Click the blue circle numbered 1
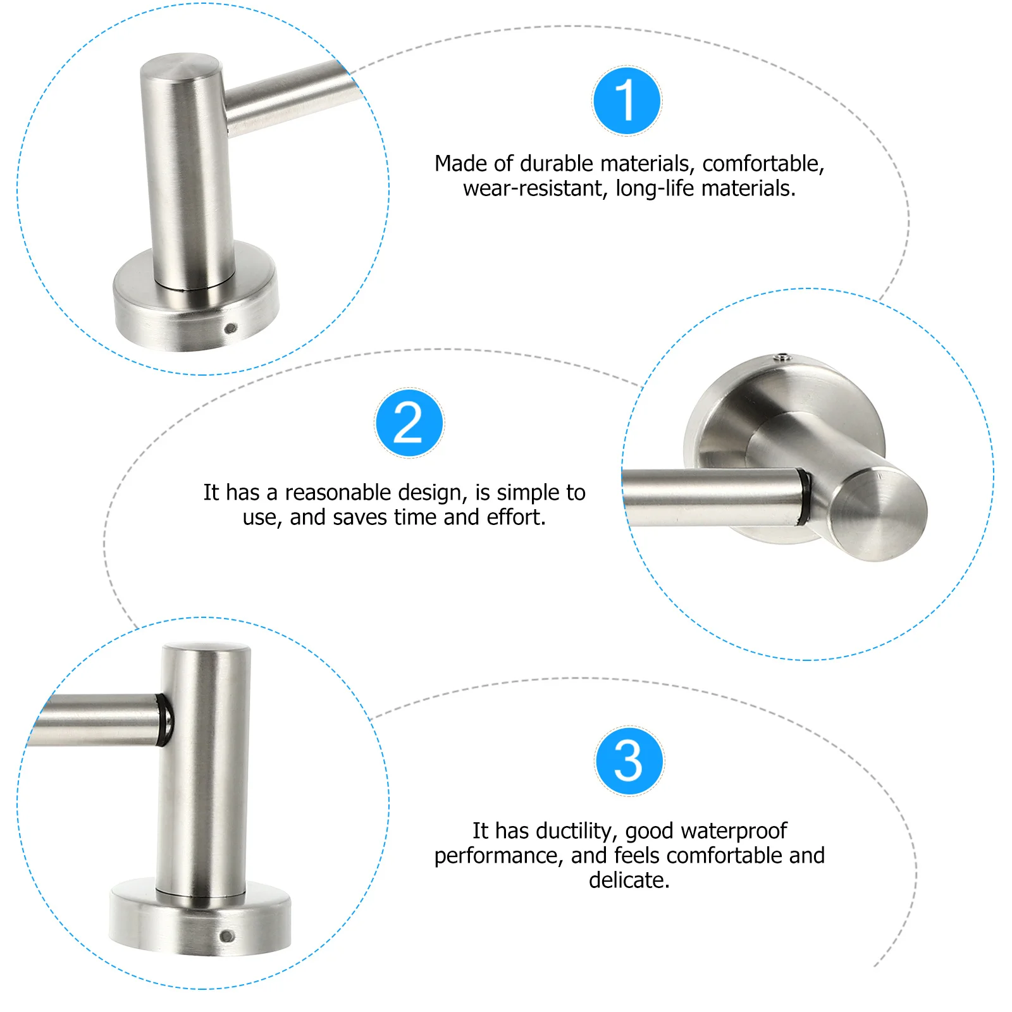coord(627,101)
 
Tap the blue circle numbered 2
coord(409,423)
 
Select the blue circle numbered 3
coord(629,760)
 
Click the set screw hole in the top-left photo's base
coord(230,328)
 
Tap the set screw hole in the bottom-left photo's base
coord(226,936)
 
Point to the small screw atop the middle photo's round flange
coord(783,357)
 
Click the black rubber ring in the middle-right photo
coord(804,497)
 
